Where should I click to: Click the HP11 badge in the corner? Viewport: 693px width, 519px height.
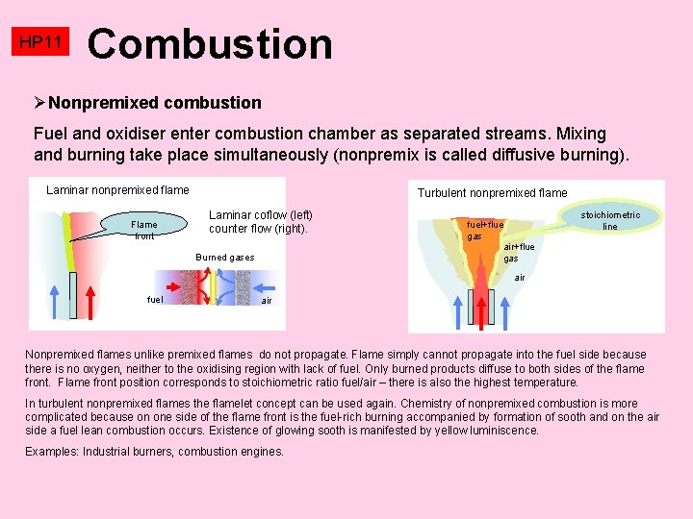(x=41, y=42)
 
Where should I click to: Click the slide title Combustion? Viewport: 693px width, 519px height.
(x=210, y=44)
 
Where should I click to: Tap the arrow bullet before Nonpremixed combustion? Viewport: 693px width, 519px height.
(x=39, y=103)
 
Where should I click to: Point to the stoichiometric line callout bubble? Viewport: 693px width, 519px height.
(x=609, y=220)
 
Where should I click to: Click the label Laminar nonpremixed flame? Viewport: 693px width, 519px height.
(x=117, y=190)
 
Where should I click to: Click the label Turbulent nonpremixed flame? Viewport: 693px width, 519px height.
(x=492, y=193)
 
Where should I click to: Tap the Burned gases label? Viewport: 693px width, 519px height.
(x=224, y=258)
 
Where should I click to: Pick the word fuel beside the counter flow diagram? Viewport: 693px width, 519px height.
(x=154, y=300)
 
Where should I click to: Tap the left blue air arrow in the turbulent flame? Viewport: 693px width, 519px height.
(x=453, y=302)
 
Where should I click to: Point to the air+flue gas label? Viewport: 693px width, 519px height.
(x=519, y=252)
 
